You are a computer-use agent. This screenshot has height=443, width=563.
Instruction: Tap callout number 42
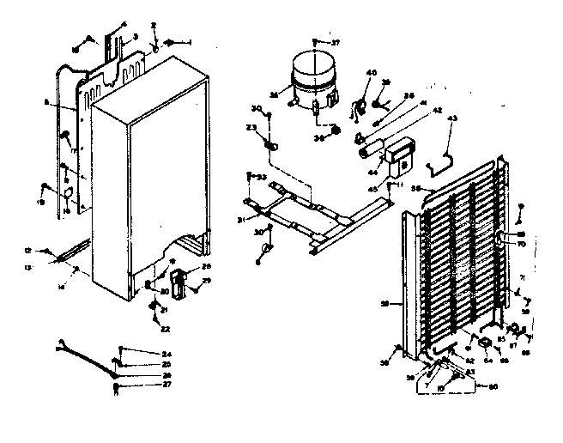[x=414, y=111]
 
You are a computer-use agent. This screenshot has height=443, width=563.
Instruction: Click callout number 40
[x=372, y=73]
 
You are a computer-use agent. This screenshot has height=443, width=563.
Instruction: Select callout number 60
[x=493, y=385]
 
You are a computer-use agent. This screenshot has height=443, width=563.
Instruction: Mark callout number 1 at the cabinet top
[x=189, y=42]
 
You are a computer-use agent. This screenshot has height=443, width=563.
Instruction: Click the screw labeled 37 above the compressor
[x=318, y=42]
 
